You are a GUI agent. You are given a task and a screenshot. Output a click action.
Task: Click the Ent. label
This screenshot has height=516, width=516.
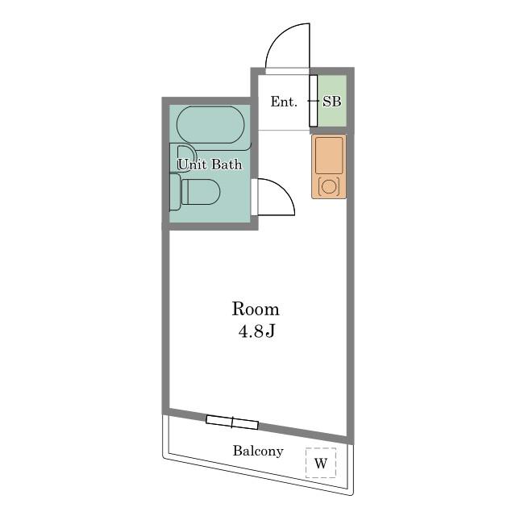(284, 102)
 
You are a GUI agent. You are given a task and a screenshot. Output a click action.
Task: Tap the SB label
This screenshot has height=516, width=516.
(331, 102)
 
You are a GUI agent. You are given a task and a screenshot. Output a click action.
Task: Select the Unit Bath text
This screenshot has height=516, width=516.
(210, 164)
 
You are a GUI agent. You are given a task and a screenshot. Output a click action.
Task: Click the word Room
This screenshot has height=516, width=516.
(256, 309)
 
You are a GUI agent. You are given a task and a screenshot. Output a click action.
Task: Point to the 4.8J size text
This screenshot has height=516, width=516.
(256, 331)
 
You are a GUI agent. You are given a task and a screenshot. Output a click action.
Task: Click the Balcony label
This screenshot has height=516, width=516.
(258, 451)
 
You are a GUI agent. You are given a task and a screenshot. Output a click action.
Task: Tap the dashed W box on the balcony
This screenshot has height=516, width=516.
(321, 463)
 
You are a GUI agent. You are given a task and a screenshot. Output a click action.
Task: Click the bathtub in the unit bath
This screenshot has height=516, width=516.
(210, 125)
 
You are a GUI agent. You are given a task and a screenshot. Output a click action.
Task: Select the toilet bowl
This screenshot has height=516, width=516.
(201, 192)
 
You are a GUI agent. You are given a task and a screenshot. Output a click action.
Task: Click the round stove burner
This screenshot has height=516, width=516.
(328, 186)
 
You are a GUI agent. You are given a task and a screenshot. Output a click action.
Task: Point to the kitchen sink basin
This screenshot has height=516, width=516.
(329, 156)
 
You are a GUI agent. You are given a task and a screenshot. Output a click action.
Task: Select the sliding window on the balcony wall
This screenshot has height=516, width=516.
(232, 422)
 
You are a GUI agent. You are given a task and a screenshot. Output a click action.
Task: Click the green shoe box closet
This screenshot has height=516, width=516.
(331, 101)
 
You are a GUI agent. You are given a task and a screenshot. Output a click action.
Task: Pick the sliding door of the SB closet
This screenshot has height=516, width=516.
(314, 101)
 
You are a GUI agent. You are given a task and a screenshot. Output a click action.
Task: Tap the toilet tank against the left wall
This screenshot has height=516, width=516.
(175, 192)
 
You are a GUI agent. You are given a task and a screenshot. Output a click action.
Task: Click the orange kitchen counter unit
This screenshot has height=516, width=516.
(329, 166)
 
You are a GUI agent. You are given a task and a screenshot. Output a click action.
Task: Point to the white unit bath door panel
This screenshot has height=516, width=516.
(255, 197)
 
